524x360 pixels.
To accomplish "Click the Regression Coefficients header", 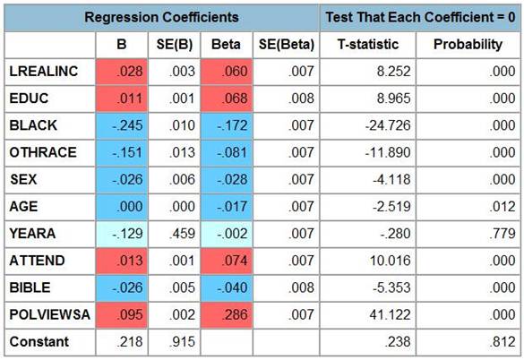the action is coord(161,17).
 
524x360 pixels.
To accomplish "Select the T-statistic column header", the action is coord(368,44).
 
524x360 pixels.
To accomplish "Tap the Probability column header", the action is coord(468,44).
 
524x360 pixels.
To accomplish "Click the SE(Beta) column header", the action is coord(287,45).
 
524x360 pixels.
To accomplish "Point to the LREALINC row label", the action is coord(44,72).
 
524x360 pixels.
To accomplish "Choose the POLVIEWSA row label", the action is coord(50,314).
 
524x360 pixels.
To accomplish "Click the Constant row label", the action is coord(39,341).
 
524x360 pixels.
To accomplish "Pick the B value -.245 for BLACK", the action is coord(127,125).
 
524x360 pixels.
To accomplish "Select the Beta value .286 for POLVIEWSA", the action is coord(235,314).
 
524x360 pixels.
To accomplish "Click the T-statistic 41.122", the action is coord(390,314).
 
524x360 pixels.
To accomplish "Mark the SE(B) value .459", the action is coord(182,234).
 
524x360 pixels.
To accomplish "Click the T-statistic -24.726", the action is coord(388,125).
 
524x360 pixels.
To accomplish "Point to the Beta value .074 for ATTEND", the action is coord(235,261).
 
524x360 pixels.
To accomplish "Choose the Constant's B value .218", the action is coord(130,341).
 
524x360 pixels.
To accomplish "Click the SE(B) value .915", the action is coord(182,341).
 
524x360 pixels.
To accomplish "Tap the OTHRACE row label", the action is coord(43,152).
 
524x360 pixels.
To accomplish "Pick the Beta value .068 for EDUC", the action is coord(235,99).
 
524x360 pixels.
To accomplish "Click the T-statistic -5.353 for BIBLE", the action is coord(391,287).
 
